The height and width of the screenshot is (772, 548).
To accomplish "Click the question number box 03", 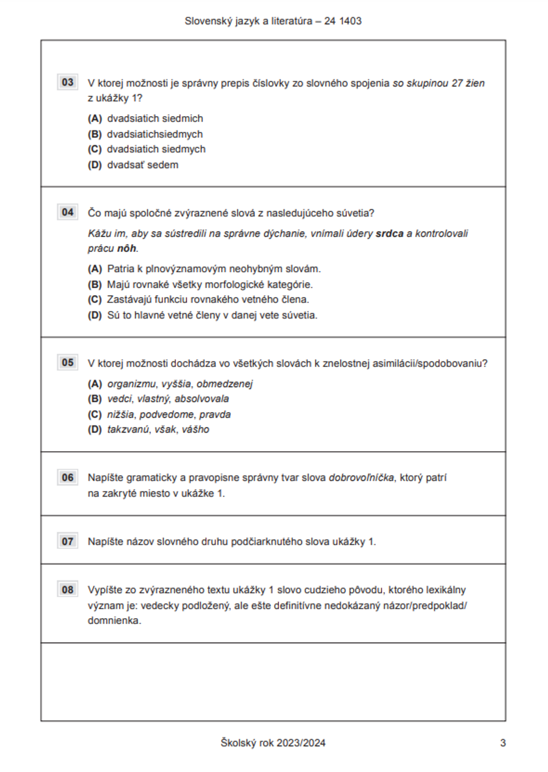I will [x=67, y=82].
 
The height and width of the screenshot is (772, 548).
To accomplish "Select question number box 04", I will [x=67, y=212].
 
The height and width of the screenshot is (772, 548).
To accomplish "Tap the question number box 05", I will [x=67, y=362].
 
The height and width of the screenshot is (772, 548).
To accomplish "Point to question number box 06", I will [x=67, y=477].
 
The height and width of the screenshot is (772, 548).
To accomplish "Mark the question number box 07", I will [x=67, y=541].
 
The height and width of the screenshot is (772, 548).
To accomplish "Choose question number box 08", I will [x=67, y=590].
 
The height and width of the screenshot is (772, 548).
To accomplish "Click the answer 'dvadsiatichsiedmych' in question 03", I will [x=155, y=134].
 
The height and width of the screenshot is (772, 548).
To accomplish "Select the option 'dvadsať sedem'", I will [x=142, y=165].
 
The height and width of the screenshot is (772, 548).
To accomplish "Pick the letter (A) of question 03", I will [x=95, y=118].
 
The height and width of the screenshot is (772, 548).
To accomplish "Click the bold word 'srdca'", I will [x=389, y=233].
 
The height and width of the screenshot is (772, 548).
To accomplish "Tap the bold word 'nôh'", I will [x=126, y=249].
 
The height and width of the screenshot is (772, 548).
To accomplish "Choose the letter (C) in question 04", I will [x=95, y=299].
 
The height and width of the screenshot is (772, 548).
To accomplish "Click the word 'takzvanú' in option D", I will [x=128, y=429].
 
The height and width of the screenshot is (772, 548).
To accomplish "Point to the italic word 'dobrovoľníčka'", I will [x=361, y=477].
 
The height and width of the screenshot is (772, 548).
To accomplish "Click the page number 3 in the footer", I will [x=503, y=743].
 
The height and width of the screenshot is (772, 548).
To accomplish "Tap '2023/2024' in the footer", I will [x=301, y=743].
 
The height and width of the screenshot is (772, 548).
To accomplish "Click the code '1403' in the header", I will [x=350, y=21].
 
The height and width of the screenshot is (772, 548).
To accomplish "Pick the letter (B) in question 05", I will [x=95, y=399].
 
